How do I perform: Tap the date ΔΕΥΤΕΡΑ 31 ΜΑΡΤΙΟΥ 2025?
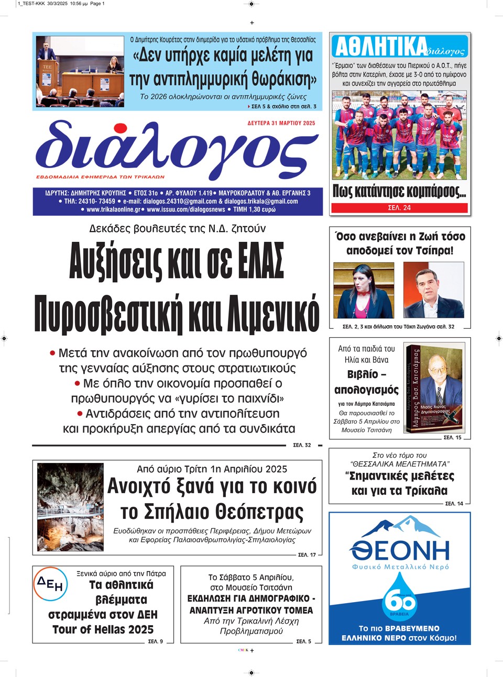(x=281, y=124)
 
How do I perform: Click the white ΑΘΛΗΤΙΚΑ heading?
(x=380, y=47)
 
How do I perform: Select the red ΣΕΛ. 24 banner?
(x=399, y=208)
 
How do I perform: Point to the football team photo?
(x=399, y=135)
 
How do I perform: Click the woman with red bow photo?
(x=363, y=290)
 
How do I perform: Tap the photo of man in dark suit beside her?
(x=433, y=290)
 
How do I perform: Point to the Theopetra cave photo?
(x=71, y=507)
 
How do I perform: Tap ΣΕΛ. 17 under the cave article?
(x=307, y=554)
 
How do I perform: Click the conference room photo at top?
(x=80, y=71)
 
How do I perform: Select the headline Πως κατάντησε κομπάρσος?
(x=399, y=192)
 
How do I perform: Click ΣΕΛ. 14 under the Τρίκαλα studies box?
(x=454, y=504)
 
